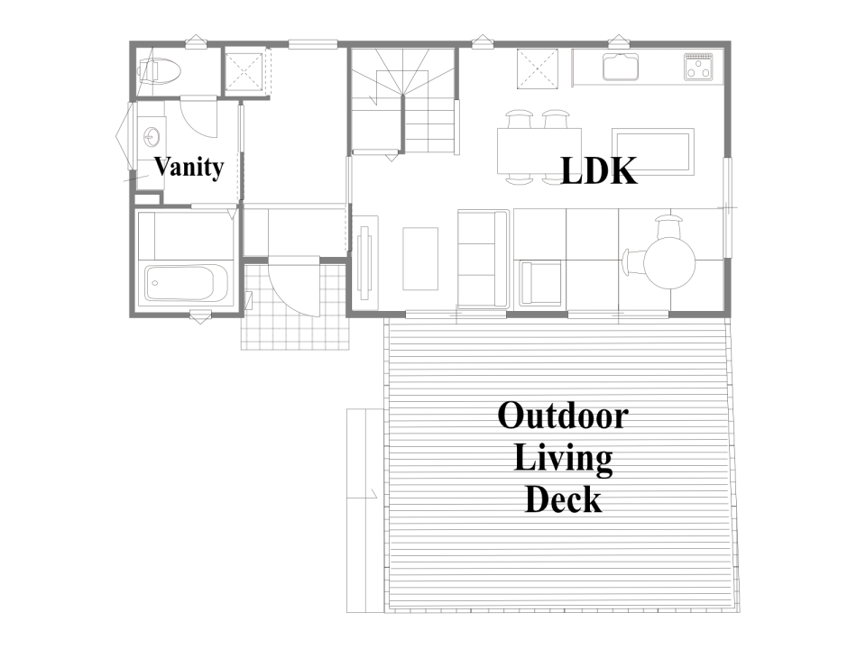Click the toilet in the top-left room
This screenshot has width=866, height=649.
(x=159, y=71)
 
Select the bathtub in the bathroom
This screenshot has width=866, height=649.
(x=179, y=284)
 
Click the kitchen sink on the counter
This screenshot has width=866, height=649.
(x=621, y=67)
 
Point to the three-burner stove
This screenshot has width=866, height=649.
(x=698, y=67)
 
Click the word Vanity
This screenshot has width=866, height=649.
(x=189, y=167)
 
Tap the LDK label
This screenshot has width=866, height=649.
(x=599, y=170)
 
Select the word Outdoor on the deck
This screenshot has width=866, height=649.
(x=563, y=416)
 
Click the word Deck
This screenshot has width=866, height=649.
(x=563, y=499)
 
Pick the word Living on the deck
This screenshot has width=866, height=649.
(x=563, y=459)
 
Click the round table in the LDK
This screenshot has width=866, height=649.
(x=669, y=262)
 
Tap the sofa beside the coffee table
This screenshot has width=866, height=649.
(x=483, y=259)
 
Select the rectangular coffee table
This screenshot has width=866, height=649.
(x=420, y=259)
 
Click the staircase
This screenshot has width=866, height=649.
(x=403, y=101)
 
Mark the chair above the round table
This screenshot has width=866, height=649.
(x=670, y=226)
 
